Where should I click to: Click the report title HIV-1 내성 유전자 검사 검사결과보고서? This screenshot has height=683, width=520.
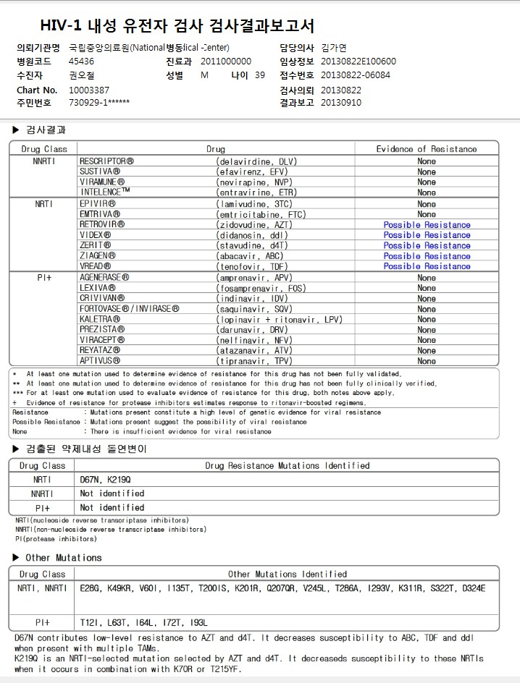coord(177,27)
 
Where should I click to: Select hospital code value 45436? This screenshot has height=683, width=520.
coord(81,61)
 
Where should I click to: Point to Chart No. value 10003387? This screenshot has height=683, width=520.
coord(89,90)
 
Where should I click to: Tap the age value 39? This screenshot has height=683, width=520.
coord(260,75)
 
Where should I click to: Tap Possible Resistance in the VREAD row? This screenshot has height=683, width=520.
coord(427,266)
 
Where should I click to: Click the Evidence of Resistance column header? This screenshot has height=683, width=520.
coord(427,149)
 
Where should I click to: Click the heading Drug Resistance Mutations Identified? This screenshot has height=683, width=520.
coord(288,466)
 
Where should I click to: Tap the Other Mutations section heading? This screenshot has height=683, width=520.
coord(64,558)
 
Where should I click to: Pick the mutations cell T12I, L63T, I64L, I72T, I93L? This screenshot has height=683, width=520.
coord(144,622)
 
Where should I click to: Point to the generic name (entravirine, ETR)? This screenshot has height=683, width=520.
coord(256,193)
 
